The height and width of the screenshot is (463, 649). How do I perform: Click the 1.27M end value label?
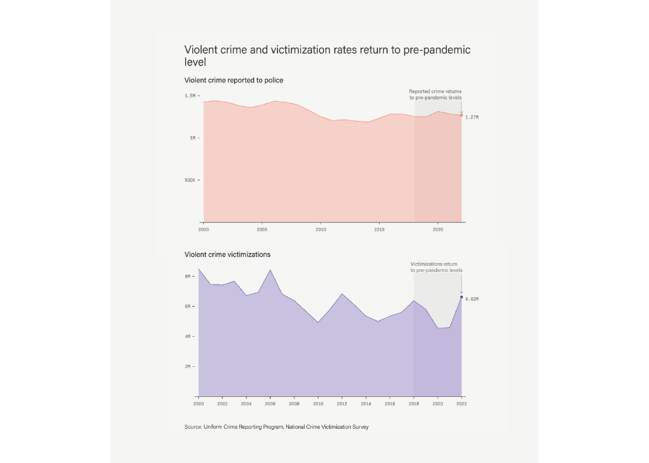click(x=472, y=117)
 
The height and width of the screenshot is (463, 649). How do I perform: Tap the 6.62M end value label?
click(x=472, y=299)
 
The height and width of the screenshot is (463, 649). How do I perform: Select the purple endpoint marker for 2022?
click(x=462, y=297)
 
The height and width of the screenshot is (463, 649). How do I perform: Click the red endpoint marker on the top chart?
click(x=462, y=115)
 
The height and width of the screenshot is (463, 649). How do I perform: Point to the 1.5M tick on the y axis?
click(x=190, y=96)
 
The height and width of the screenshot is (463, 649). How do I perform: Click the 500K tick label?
click(x=190, y=180)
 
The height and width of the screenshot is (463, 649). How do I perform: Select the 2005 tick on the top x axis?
click(x=262, y=229)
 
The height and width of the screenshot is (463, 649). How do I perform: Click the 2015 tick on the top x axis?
click(x=379, y=229)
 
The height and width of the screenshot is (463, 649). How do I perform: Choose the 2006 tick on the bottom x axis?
click(x=270, y=403)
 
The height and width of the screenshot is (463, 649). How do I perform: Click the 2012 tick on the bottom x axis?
click(x=342, y=403)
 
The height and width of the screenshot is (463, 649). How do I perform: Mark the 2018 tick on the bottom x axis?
click(x=414, y=403)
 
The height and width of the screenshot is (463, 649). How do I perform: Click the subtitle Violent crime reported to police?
click(x=234, y=80)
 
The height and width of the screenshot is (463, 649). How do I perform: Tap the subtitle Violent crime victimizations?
click(x=227, y=254)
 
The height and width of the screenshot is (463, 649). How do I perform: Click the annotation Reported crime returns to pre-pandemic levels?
click(x=436, y=94)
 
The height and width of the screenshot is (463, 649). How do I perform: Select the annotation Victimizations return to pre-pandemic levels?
click(x=436, y=267)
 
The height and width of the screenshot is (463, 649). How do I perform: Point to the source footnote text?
click(x=276, y=427)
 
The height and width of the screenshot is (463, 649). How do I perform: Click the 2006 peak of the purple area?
click(x=270, y=271)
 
